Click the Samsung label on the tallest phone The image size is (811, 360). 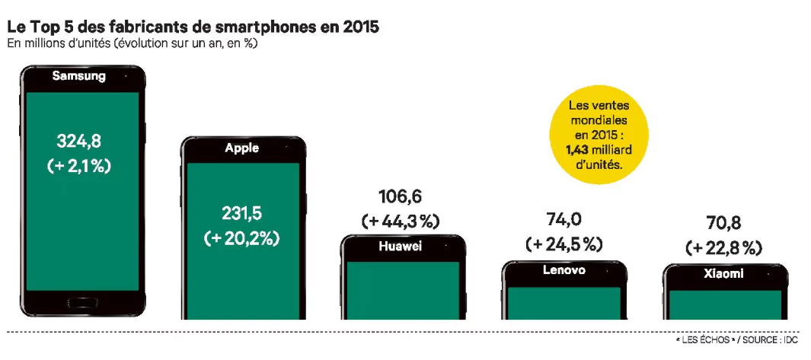78,76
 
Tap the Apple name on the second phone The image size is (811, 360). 242,148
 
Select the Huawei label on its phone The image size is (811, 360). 400,247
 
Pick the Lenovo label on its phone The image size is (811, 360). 564,270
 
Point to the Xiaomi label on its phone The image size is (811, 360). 723,274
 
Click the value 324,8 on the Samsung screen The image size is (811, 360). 79,141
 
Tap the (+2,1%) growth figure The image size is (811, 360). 79,166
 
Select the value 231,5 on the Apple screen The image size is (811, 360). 242,213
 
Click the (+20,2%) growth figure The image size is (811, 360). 242,238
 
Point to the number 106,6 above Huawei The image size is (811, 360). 401,196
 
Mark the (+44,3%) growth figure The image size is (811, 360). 401,221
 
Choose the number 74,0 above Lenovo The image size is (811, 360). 564,219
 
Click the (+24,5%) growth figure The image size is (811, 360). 564,244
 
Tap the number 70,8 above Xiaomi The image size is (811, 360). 723,224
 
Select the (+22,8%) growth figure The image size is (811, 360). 723,248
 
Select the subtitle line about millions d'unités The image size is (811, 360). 132,44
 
